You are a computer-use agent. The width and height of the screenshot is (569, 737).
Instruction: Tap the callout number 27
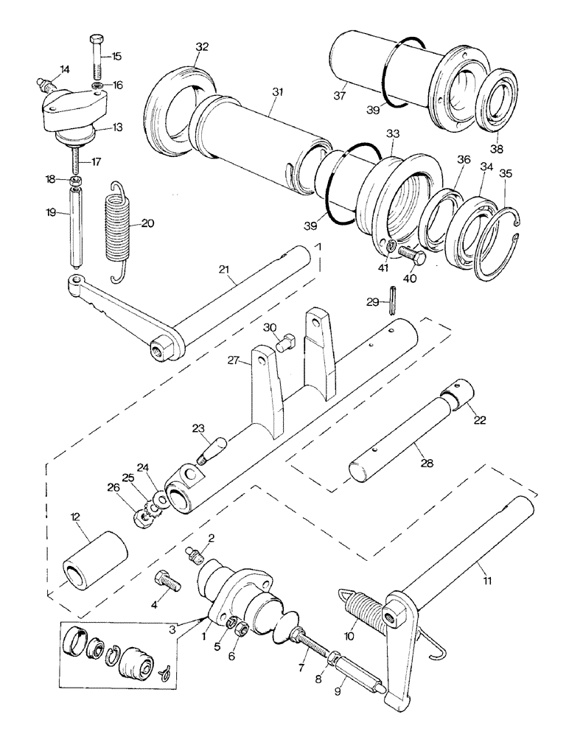(x=234, y=360)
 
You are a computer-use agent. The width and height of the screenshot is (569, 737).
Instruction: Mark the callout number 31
(x=277, y=91)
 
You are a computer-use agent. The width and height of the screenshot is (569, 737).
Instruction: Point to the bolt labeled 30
(x=286, y=341)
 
